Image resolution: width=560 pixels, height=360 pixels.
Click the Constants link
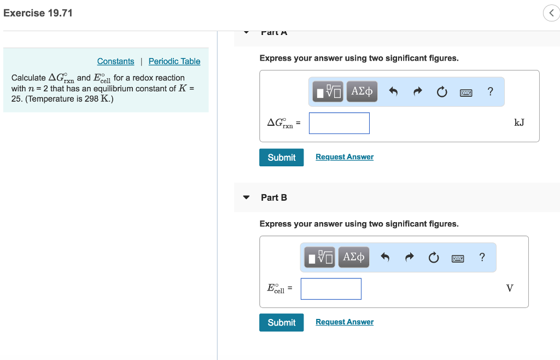pyautogui.click(x=115, y=61)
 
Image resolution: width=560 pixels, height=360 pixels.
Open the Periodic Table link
pyautogui.click(x=174, y=61)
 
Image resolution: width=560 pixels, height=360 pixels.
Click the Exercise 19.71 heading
pyautogui.click(x=38, y=13)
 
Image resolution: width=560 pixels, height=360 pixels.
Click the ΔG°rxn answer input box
pyautogui.click(x=339, y=123)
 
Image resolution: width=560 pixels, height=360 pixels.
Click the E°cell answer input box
pyautogui.click(x=331, y=289)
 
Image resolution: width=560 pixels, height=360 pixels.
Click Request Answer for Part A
pyautogui.click(x=345, y=157)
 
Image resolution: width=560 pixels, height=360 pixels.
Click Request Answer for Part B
pyautogui.click(x=345, y=322)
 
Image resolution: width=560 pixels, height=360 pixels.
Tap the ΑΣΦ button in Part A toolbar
pyautogui.click(x=362, y=91)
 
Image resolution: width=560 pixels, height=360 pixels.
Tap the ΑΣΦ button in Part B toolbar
pyautogui.click(x=353, y=257)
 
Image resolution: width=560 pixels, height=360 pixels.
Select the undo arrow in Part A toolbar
pyautogui.click(x=393, y=92)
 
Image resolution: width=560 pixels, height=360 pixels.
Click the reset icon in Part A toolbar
pyautogui.click(x=441, y=92)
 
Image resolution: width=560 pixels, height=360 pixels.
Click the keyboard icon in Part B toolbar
pyautogui.click(x=458, y=258)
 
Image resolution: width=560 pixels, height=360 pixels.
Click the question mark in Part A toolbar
pyautogui.click(x=490, y=91)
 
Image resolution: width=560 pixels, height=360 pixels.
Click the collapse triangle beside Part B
pyautogui.click(x=247, y=198)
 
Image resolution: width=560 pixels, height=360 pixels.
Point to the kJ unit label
pyautogui.click(x=519, y=123)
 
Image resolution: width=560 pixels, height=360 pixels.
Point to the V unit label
pyautogui.click(x=510, y=288)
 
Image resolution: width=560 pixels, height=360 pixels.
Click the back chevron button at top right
pyautogui.click(x=550, y=14)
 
